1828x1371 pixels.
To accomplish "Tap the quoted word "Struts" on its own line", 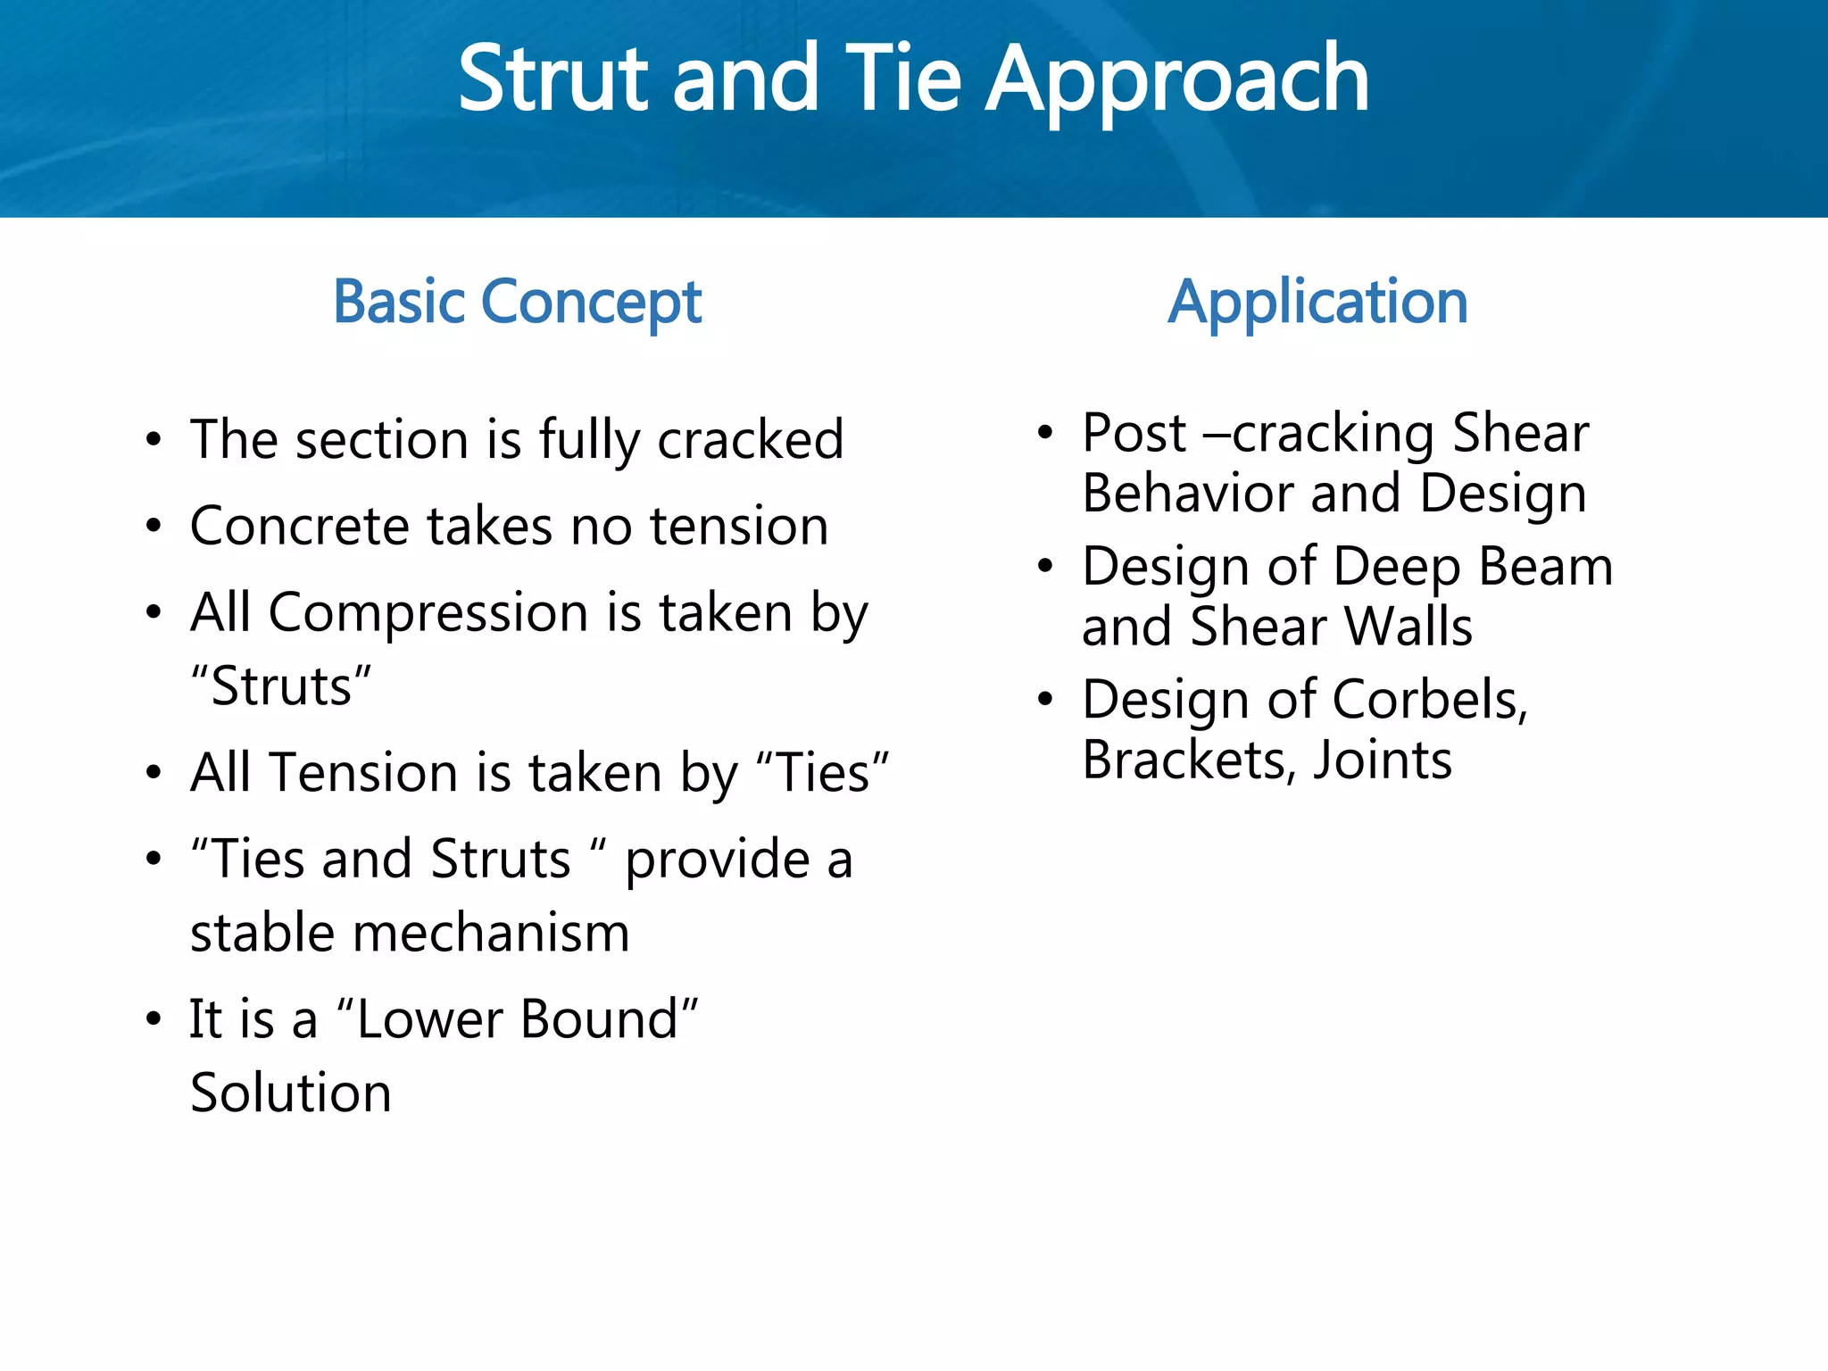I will (281, 687).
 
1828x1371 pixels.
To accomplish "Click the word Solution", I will (291, 1093).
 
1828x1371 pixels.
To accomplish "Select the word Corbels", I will (1429, 700).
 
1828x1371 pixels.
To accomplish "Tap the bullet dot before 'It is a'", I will (154, 1019).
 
